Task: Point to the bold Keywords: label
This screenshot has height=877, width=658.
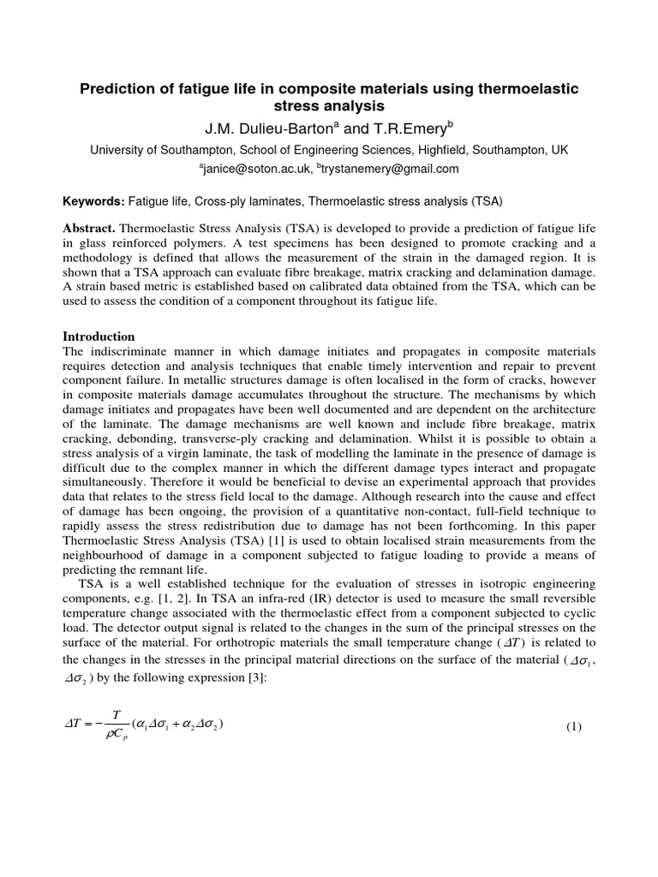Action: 94,201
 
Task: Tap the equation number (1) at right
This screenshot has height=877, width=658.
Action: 574,727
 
